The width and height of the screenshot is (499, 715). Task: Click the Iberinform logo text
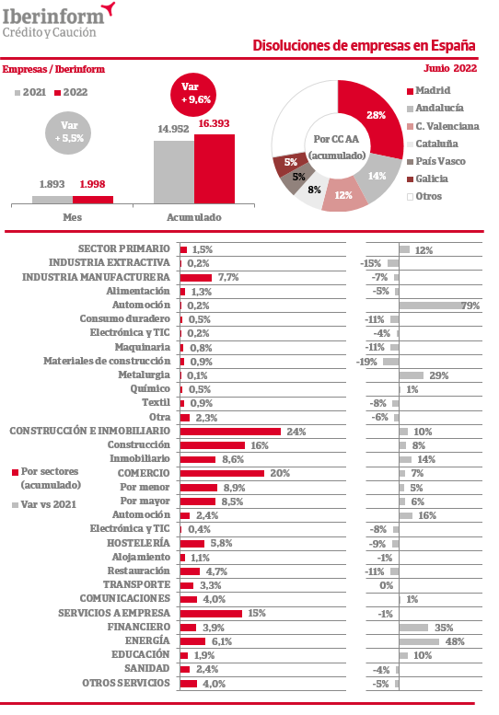53,17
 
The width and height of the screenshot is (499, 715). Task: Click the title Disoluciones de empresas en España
364,46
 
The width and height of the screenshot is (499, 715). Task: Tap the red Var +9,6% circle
192,95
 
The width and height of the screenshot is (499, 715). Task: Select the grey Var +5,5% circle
67,133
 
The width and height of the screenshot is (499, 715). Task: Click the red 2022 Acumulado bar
215,168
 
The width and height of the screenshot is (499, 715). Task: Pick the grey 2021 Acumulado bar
174,172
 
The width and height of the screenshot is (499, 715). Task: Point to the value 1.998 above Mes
92,184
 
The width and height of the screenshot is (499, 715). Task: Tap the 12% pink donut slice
343,195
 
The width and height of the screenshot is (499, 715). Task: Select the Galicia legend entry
427,179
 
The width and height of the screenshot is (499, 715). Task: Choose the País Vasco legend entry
436,161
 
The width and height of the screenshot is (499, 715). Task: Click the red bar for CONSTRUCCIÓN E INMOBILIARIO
230,432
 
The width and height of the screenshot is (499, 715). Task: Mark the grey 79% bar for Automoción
431,306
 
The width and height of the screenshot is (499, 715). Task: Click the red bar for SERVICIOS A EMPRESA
211,613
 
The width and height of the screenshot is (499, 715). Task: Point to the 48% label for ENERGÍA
455,641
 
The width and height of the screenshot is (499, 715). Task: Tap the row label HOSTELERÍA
138,543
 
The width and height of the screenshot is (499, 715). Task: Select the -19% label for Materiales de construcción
366,362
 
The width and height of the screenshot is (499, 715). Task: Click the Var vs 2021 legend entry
44,504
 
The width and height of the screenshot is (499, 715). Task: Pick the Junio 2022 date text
450,68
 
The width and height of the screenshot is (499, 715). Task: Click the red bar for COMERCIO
222,473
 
